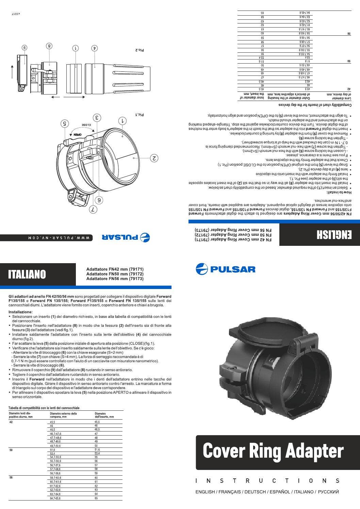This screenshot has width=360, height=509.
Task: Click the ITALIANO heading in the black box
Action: point(27,274)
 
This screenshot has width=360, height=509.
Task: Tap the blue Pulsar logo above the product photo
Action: point(225,269)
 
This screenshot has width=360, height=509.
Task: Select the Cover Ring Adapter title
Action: point(273,451)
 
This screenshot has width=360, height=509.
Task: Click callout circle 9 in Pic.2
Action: point(24,48)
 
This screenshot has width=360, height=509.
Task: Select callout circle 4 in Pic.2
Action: point(95,48)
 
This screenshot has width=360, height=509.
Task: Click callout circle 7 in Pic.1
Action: point(93,209)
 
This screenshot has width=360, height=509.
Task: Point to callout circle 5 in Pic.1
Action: point(65,123)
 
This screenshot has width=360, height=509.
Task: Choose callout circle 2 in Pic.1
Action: point(154,158)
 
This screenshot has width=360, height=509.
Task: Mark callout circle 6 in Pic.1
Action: point(99,200)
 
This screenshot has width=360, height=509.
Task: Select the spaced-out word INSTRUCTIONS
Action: point(267,481)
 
